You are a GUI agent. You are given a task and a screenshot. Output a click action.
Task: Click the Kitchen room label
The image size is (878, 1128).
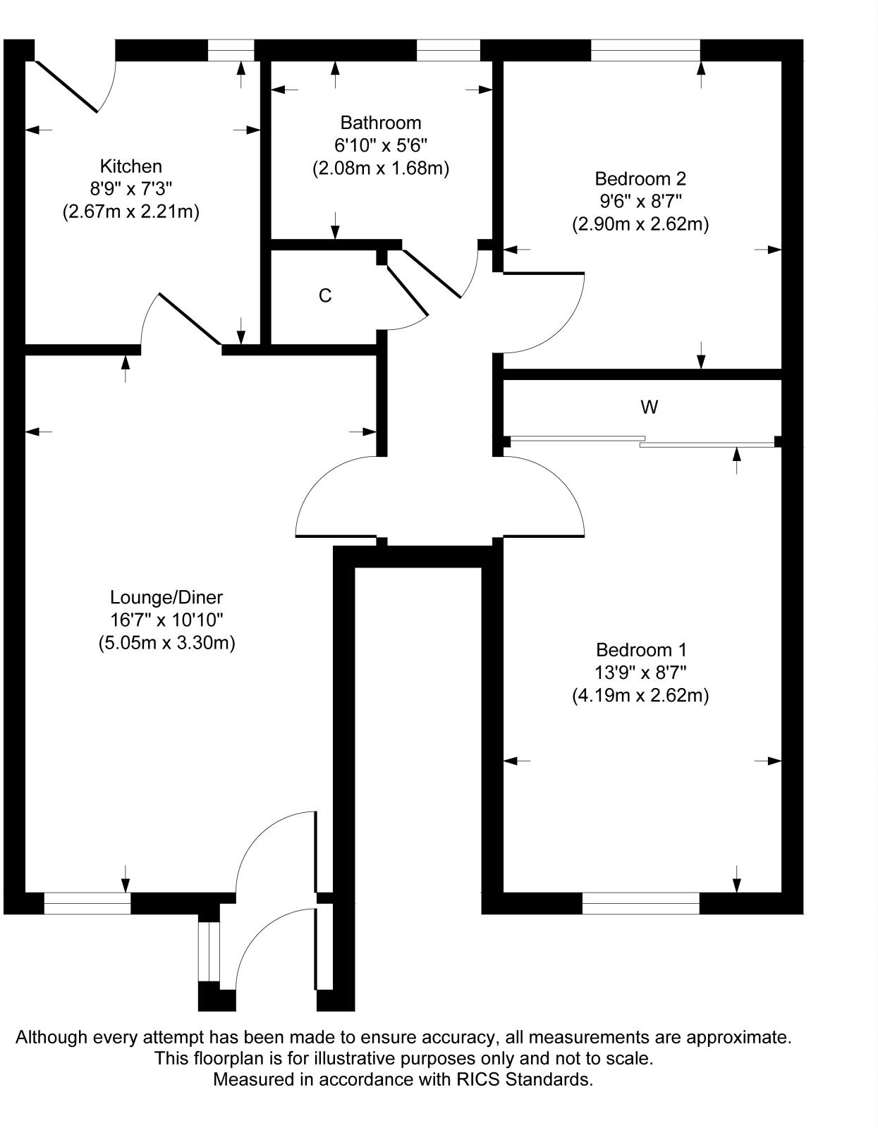pyautogui.click(x=131, y=166)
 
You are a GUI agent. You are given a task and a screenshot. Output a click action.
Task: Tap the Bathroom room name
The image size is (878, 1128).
pyautogui.click(x=380, y=123)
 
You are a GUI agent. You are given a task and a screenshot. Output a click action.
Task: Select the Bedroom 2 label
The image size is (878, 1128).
pyautogui.click(x=640, y=178)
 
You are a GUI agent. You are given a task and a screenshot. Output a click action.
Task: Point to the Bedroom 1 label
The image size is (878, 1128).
pyautogui.click(x=640, y=649)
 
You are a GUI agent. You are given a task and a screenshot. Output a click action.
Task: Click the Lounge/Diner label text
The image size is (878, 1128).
pyautogui.click(x=166, y=598)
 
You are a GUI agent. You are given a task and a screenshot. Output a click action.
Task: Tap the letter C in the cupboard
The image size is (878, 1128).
pyautogui.click(x=325, y=296)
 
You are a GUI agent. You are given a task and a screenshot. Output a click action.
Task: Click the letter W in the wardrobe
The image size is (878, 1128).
pyautogui.click(x=649, y=407)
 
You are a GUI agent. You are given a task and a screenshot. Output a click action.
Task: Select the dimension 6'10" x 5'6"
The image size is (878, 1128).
pyautogui.click(x=380, y=146)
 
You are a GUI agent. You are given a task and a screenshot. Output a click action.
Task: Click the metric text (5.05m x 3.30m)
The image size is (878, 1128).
pyautogui.click(x=166, y=643)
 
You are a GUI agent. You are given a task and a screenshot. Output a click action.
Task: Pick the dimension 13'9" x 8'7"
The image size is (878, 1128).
pyautogui.click(x=640, y=673)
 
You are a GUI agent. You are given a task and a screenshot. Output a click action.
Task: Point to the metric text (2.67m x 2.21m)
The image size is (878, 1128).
pyautogui.click(x=131, y=211)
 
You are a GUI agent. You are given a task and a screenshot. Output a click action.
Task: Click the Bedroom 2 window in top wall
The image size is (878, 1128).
pyautogui.click(x=645, y=50)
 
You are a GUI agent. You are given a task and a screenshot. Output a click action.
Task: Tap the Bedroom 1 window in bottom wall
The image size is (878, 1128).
pyautogui.click(x=640, y=903)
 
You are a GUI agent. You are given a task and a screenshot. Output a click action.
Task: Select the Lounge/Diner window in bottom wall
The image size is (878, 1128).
pyautogui.click(x=87, y=903)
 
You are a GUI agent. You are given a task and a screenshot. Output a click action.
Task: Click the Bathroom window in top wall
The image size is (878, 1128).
pyautogui.click(x=448, y=50)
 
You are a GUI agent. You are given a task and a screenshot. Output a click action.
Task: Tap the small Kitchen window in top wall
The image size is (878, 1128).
pyautogui.click(x=231, y=50)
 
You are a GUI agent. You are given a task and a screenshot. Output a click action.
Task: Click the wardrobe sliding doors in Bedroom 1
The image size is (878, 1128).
pyautogui.click(x=642, y=441)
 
